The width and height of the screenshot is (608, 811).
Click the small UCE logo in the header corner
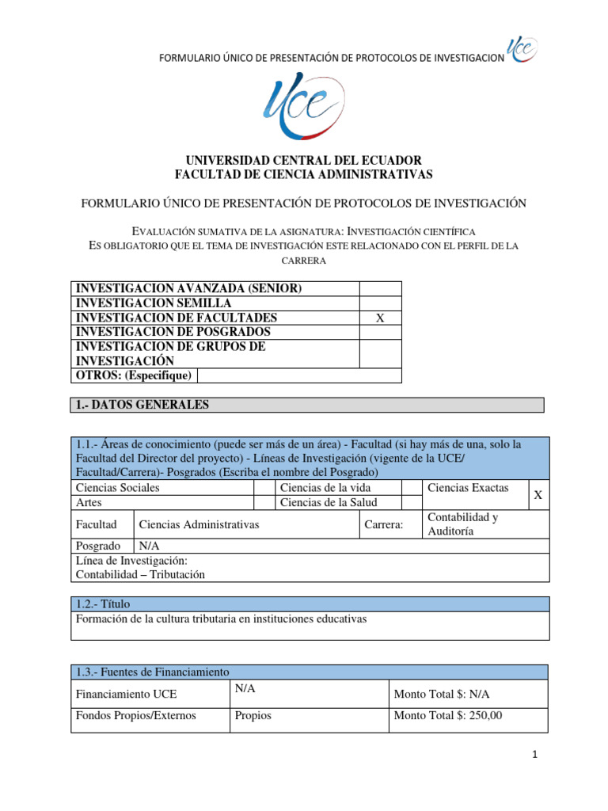(522, 49)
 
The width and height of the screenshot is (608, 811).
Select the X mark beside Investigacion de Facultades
(380, 318)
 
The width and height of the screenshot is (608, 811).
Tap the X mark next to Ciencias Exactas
(538, 495)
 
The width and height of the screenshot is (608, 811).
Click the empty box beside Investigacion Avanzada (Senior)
(380, 289)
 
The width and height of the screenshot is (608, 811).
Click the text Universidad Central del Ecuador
(303, 160)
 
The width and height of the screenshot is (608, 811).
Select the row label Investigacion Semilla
(154, 303)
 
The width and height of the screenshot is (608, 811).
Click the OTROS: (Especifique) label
(134, 375)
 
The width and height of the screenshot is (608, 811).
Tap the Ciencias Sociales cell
(118, 488)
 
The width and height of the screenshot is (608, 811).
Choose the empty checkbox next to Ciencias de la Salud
(411, 503)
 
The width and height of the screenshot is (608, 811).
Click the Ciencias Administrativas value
(199, 524)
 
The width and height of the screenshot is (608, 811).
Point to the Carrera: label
(384, 524)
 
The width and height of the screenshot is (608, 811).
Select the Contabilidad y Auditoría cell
(463, 524)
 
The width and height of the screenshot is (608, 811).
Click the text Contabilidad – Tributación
(140, 575)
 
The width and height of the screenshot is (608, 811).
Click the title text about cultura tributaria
(222, 619)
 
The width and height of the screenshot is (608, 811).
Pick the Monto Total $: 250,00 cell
(447, 716)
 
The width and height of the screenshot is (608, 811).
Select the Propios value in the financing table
(253, 716)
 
